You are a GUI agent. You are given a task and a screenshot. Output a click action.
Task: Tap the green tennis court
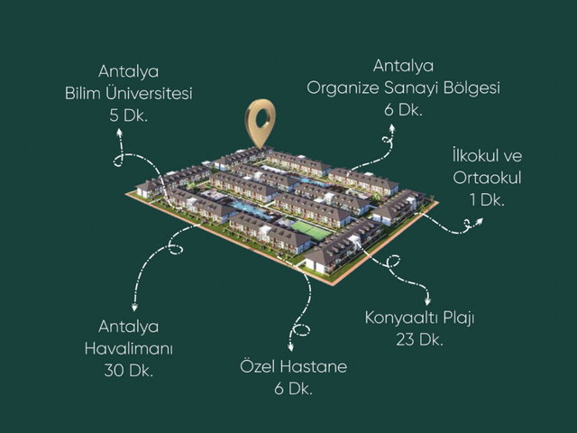[311, 231]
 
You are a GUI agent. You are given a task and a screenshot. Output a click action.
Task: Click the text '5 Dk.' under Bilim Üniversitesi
[128, 116]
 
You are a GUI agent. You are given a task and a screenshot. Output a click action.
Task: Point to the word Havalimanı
[128, 349]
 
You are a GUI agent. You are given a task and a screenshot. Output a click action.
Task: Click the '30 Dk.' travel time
[128, 371]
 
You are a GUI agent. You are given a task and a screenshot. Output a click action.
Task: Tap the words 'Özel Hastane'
[293, 366]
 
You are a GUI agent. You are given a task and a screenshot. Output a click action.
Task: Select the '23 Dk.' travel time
[419, 339]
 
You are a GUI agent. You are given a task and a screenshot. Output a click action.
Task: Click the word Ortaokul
[487, 178]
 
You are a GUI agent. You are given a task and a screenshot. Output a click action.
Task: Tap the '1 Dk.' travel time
[487, 200]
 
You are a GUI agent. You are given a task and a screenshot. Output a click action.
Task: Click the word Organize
[343, 88]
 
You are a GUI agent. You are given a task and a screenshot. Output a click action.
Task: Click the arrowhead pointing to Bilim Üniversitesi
[119, 133]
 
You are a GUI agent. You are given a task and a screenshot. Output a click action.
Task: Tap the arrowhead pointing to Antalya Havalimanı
[134, 307]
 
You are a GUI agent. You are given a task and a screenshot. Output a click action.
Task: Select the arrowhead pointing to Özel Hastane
[290, 346]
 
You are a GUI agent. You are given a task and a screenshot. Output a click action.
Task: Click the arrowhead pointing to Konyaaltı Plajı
[427, 300]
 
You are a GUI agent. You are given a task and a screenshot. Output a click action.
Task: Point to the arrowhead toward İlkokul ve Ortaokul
[479, 221]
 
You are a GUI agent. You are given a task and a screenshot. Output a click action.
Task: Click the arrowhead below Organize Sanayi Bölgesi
[392, 128]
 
